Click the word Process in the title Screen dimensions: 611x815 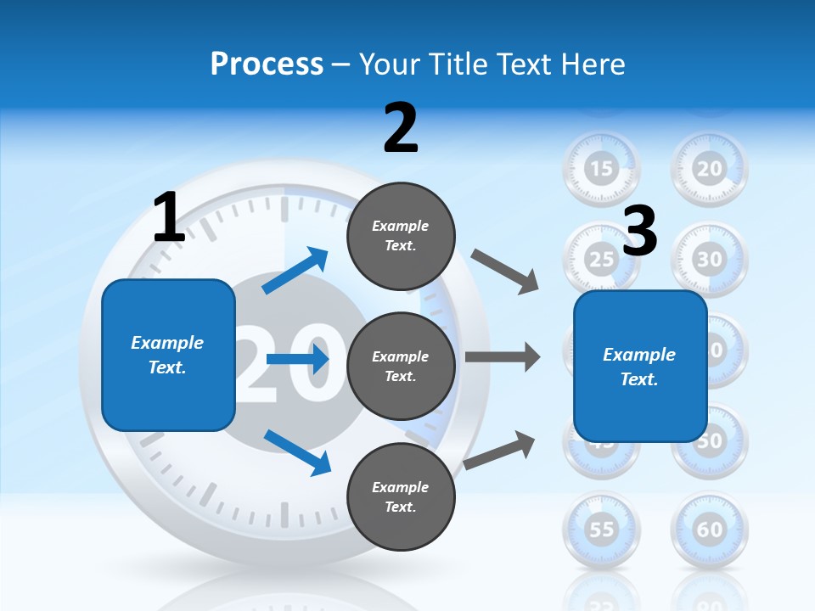[x=267, y=64]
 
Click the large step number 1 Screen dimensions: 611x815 [x=169, y=218]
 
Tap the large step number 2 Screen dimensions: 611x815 [x=401, y=128]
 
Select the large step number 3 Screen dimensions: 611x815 [x=640, y=232]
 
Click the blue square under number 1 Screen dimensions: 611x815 [x=168, y=355]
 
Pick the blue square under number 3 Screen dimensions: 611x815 [x=640, y=367]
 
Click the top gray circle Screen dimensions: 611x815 [x=401, y=236]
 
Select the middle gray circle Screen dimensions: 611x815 [x=401, y=367]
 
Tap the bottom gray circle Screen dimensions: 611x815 [x=401, y=497]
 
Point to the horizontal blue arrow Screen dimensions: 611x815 [x=297, y=360]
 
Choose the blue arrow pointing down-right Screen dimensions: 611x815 [x=297, y=451]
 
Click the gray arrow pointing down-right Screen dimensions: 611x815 [x=505, y=272]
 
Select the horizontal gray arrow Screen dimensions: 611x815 [x=503, y=356]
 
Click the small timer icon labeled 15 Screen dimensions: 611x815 [x=601, y=168]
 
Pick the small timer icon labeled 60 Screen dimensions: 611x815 [x=710, y=530]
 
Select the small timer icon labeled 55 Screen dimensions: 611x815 [x=601, y=530]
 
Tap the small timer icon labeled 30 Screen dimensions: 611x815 [x=710, y=259]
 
